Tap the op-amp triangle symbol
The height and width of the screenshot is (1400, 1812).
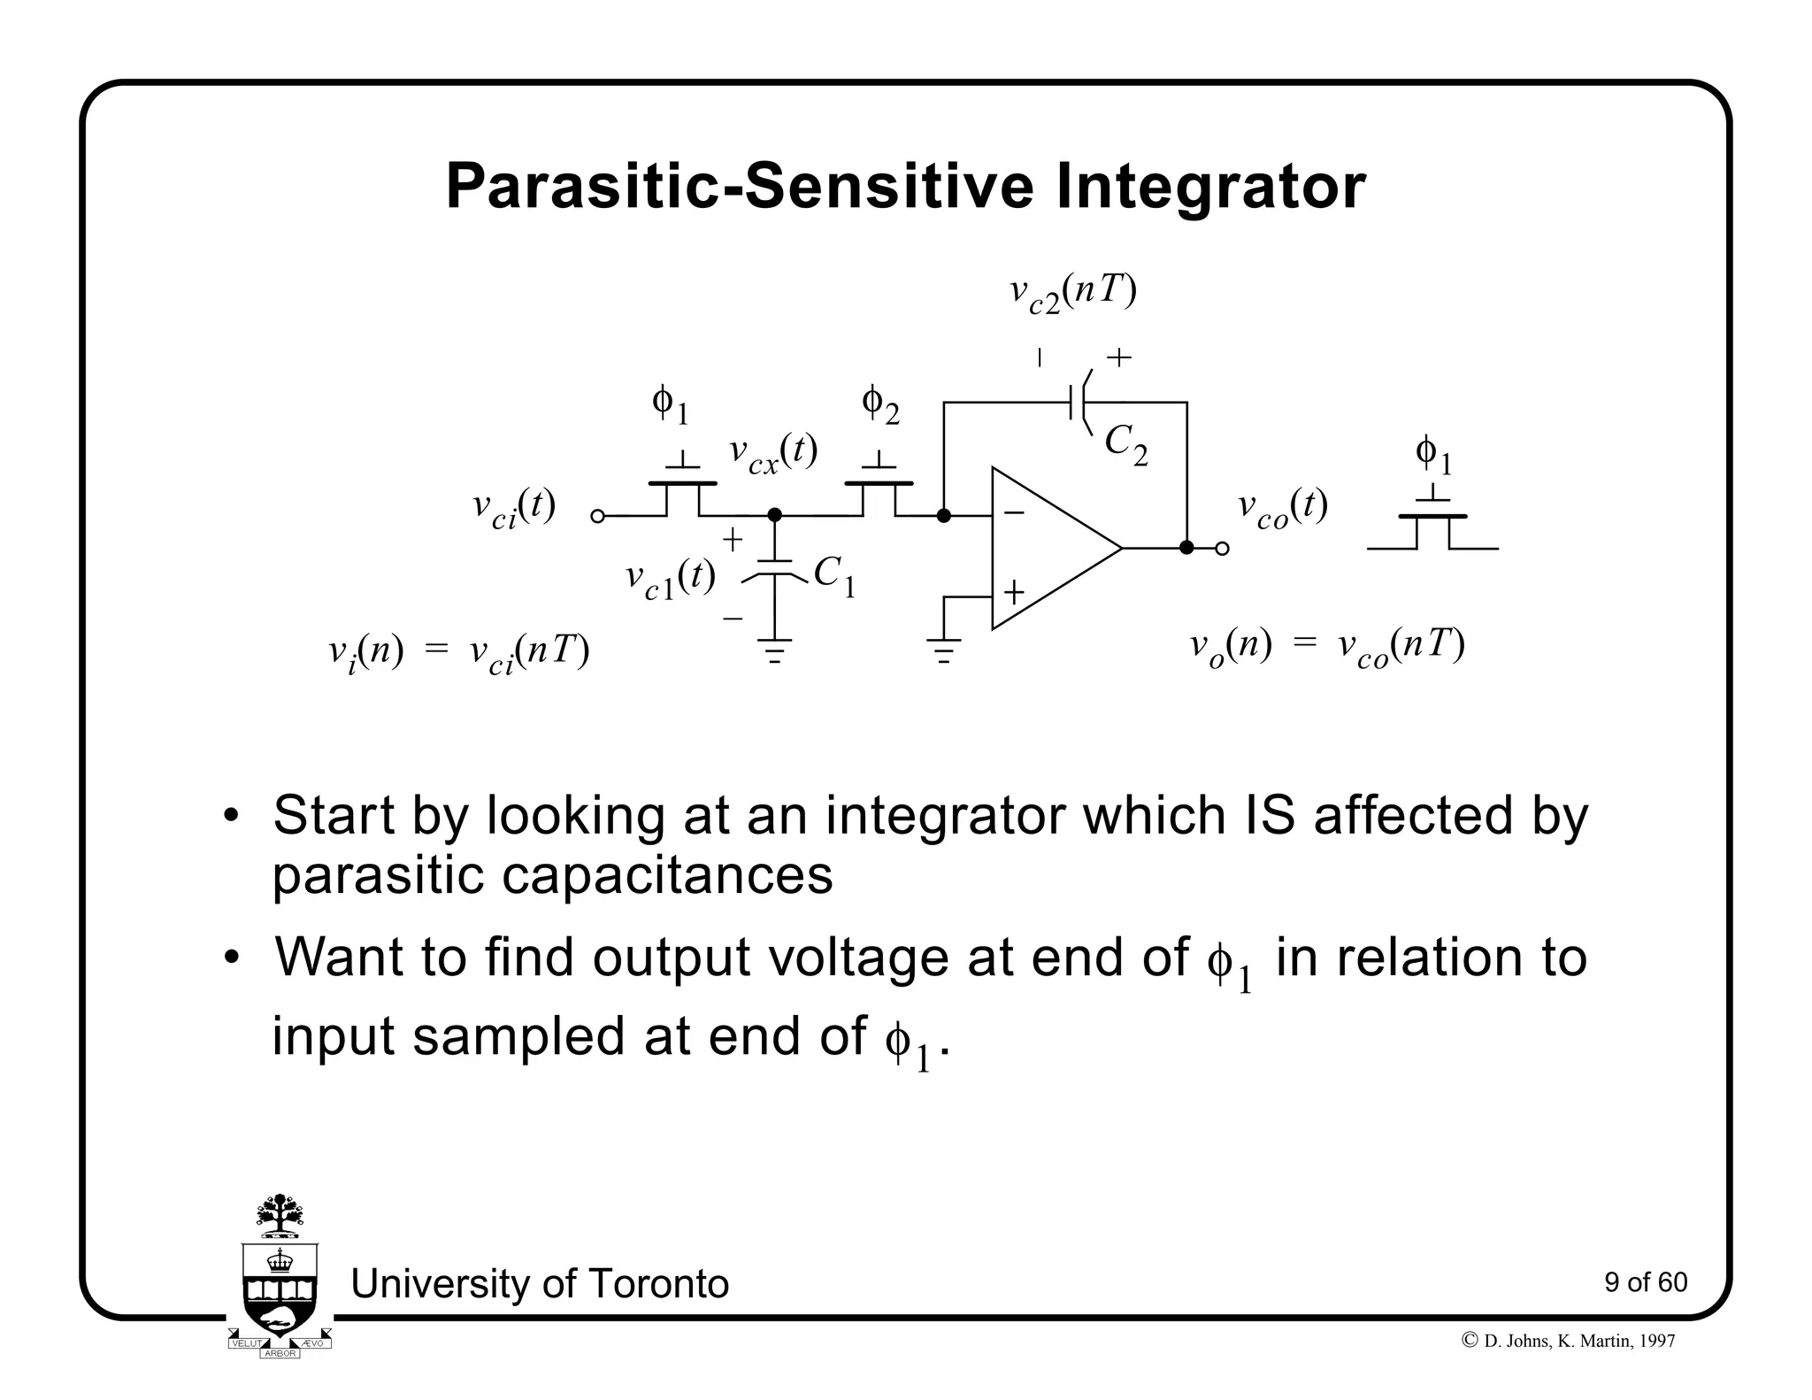coord(1044,549)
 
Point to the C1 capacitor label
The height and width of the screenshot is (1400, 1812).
coord(833,575)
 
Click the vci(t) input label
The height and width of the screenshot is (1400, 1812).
coord(513,509)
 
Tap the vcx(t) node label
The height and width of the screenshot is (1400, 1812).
coord(772,453)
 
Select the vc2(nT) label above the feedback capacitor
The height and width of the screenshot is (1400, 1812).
coord(1072,293)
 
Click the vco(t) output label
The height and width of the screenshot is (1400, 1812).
coord(1282,509)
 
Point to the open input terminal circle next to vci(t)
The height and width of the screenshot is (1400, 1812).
coord(597,516)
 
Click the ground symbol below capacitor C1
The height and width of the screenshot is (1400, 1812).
coord(775,651)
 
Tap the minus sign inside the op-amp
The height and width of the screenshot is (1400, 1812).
coord(1014,512)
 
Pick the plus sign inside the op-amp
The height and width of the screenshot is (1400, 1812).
coord(1014,592)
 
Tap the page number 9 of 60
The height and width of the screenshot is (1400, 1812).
coord(1645,1282)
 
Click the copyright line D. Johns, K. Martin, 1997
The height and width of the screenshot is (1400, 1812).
coord(1569,1341)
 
